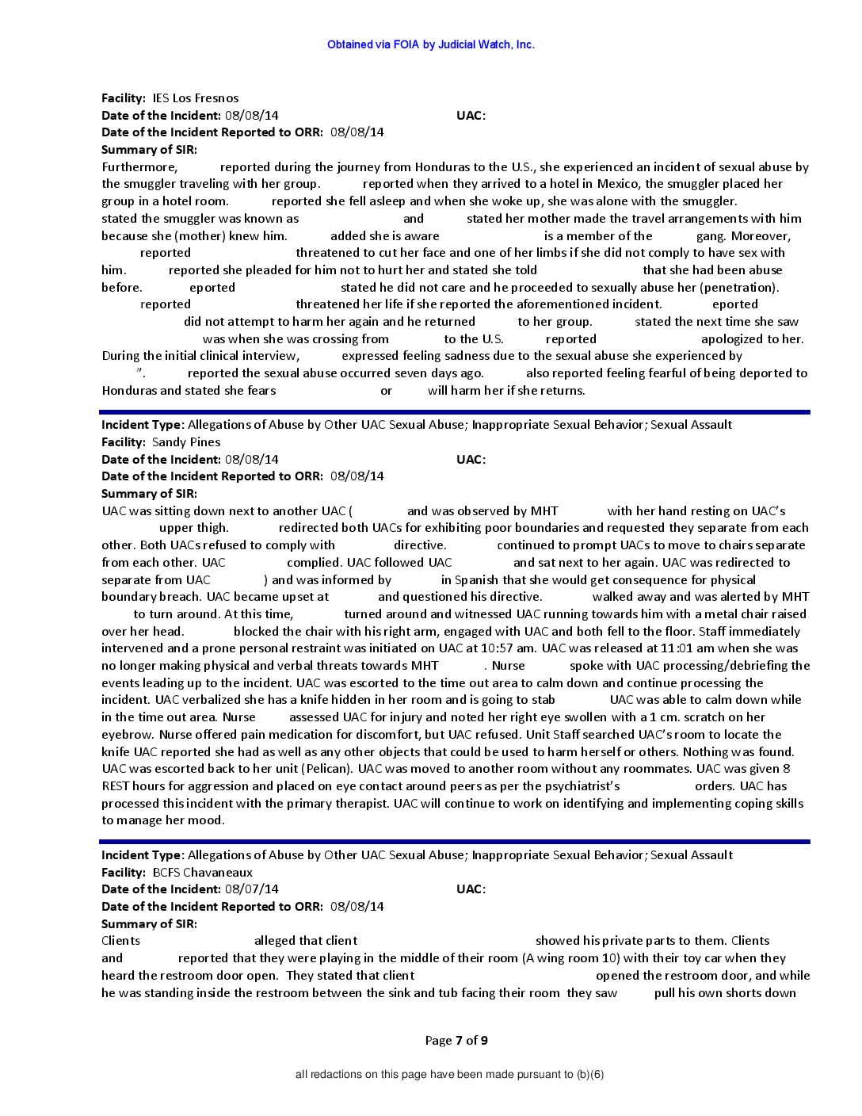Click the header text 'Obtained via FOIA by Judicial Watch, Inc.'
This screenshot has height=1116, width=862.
(430, 44)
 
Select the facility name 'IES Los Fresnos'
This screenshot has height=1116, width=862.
(195, 98)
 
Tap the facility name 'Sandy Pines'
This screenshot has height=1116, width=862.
(185, 442)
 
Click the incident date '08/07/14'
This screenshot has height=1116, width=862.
(251, 889)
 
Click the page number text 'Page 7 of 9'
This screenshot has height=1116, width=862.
(456, 1041)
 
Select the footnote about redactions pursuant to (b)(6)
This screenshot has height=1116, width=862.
(449, 1075)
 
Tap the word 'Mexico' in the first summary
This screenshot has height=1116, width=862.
(618, 184)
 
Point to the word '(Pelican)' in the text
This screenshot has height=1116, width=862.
(326, 769)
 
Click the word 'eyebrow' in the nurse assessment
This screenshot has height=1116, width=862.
(128, 735)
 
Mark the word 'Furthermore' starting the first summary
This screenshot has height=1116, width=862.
(139, 167)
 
